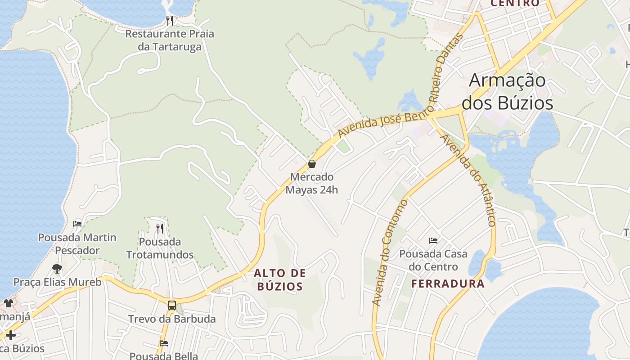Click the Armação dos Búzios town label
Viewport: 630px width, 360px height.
507,92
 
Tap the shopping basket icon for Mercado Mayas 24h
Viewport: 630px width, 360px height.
311,164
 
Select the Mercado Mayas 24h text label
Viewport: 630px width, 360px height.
311,183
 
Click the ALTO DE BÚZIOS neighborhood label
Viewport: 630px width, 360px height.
280,279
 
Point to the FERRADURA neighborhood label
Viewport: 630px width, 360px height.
448,283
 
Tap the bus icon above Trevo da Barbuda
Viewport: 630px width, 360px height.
171,306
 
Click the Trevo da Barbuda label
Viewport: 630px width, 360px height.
172,319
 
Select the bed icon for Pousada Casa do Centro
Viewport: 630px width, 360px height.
433,241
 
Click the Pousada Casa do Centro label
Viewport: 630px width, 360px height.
433,260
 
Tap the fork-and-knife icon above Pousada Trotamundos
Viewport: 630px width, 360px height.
160,229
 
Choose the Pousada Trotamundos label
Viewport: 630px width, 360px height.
160,248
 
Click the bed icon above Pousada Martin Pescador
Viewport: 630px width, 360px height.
77,224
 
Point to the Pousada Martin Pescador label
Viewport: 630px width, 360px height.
77,243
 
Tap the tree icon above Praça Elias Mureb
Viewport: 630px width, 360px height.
57,269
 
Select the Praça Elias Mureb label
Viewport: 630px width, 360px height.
57,282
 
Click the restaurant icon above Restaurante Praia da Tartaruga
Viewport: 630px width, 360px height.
170,20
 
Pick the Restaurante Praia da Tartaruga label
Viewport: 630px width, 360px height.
170,40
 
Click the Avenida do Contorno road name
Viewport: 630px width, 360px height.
390,253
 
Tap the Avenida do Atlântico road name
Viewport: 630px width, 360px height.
469,180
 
